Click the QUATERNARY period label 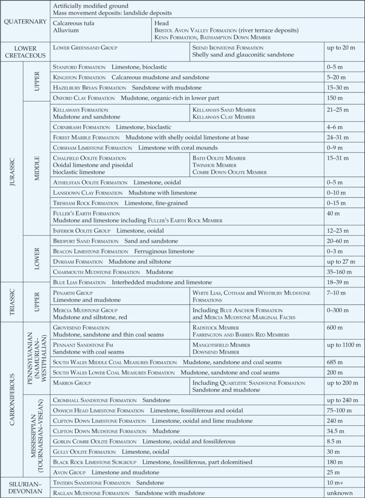tap(25, 22)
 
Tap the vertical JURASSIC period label tap(12, 172)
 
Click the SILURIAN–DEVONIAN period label tap(25, 488)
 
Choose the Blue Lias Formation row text tap(125, 282)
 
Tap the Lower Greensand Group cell tap(85, 47)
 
